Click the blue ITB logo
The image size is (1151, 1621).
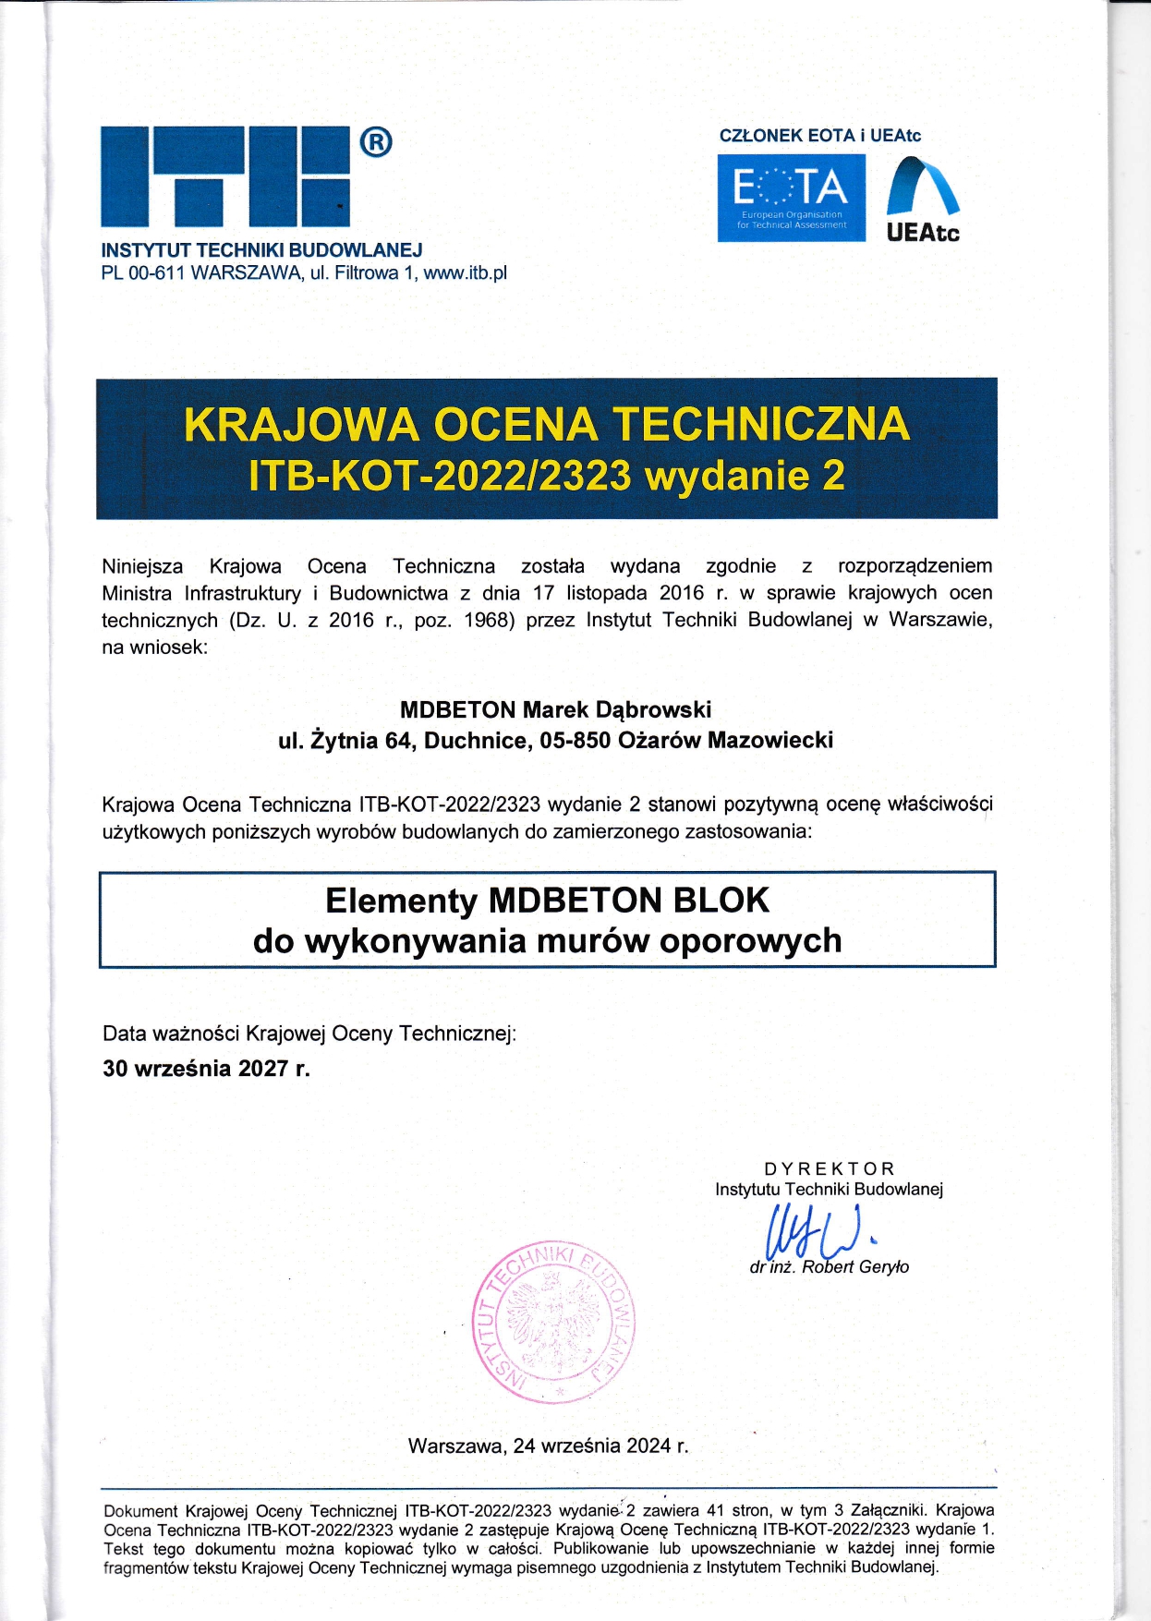pos(225,176)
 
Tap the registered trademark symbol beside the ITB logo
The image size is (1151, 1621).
pos(375,142)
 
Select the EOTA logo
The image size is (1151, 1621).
pos(791,198)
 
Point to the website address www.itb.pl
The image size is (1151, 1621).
pos(465,273)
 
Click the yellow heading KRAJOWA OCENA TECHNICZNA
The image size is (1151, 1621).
pos(547,424)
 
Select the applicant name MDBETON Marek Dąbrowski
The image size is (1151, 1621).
pos(555,709)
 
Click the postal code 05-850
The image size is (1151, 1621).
pos(575,740)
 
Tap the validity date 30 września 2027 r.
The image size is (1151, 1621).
pos(206,1069)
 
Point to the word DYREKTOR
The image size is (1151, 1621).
pos(829,1168)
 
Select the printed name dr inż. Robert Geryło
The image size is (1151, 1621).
pos(829,1267)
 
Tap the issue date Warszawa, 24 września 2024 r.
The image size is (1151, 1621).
pos(548,1446)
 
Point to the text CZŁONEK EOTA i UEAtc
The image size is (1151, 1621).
pos(819,136)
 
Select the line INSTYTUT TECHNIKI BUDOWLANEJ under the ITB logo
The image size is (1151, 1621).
pos(261,250)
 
